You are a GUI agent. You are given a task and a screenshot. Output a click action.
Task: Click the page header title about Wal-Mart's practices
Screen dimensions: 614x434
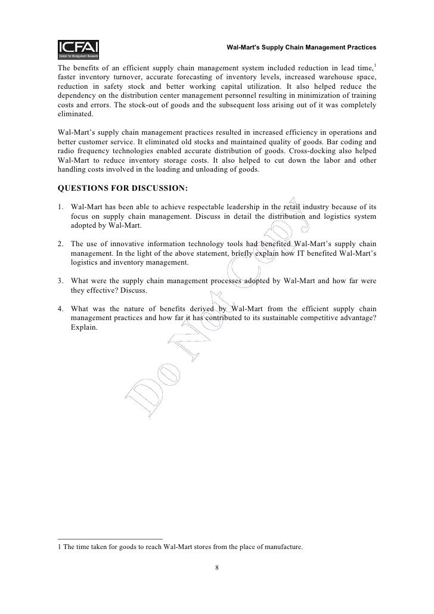pyautogui.click(x=302, y=46)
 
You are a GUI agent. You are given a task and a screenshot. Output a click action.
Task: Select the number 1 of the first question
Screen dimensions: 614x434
pyautogui.click(x=61, y=207)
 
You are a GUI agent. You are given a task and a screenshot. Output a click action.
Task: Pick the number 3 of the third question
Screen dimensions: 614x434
pyautogui.click(x=61, y=280)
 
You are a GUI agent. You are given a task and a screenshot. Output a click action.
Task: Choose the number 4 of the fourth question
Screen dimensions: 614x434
pyautogui.click(x=61, y=309)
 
